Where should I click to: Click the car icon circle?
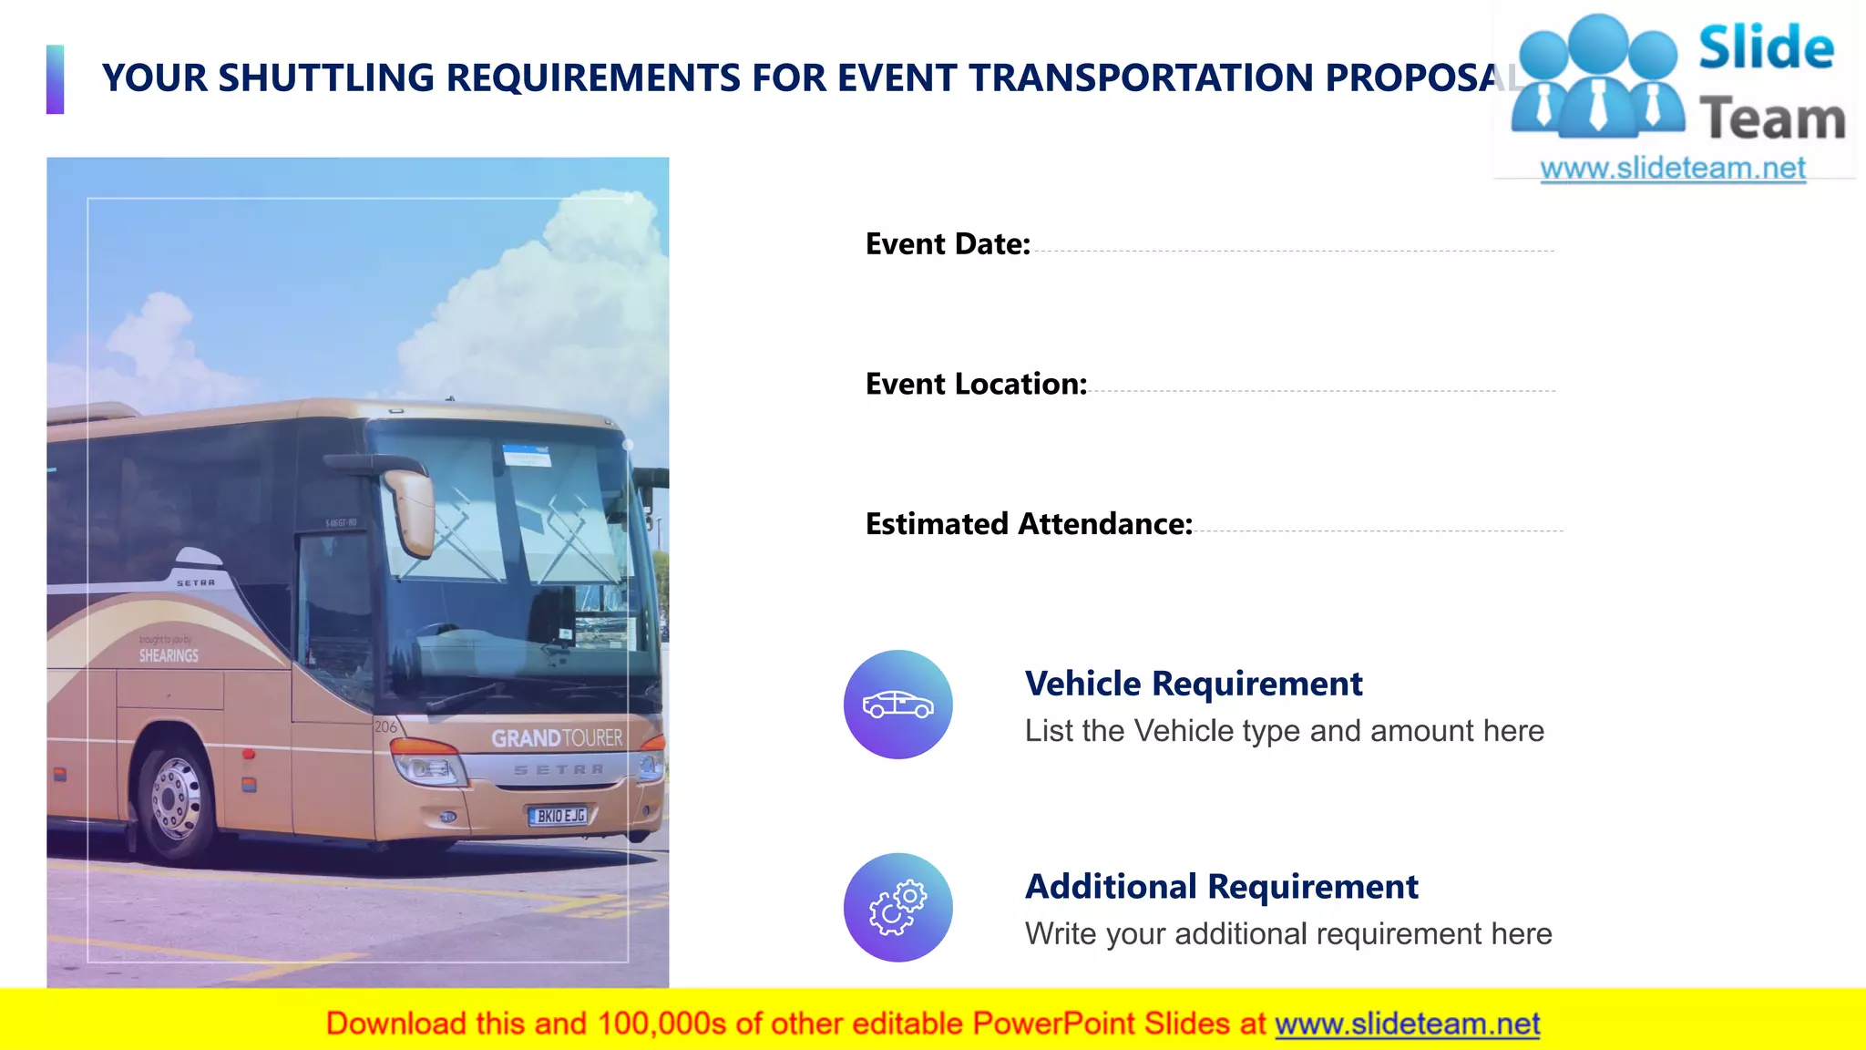(x=897, y=705)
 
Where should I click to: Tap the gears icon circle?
(x=897, y=907)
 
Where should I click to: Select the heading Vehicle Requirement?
(x=1193, y=684)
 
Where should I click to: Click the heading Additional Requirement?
(x=1221, y=887)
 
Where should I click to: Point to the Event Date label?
(x=948, y=244)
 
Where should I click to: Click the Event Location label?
(x=976, y=385)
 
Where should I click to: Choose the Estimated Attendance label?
(x=1029, y=524)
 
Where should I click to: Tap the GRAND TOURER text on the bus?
(x=557, y=738)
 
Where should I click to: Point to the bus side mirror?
(x=411, y=512)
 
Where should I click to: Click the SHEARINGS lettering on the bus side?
(x=169, y=655)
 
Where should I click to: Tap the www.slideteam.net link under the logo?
(x=1672, y=169)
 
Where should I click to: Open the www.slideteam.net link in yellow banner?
(x=1407, y=1024)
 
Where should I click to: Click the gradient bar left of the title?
(x=56, y=79)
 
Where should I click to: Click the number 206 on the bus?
(x=385, y=726)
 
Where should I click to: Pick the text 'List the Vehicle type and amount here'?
(x=1284, y=731)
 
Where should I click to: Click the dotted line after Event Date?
(x=1294, y=251)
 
